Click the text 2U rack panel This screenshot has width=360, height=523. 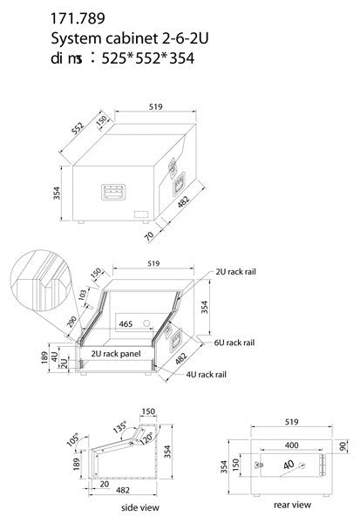click(x=116, y=355)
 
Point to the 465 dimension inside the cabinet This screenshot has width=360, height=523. click(x=125, y=323)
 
